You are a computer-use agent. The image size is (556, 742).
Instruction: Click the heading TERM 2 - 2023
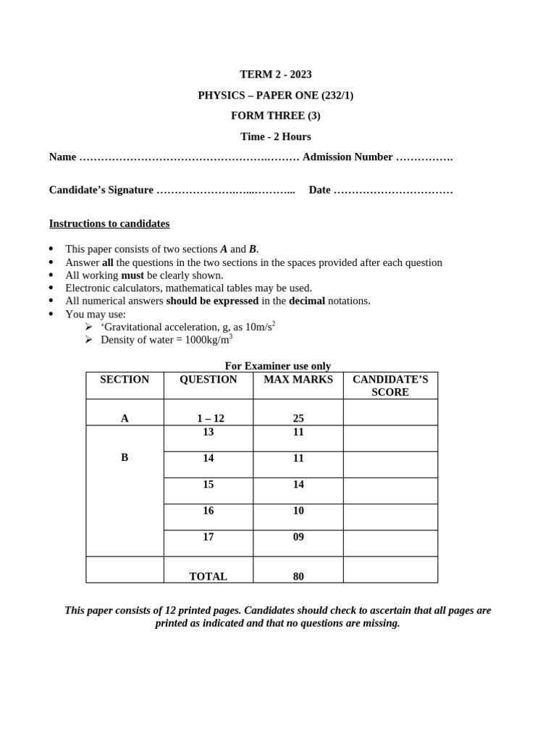(275, 75)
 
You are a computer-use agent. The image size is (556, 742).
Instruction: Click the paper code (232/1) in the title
(332, 96)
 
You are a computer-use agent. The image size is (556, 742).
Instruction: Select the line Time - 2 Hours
(275, 137)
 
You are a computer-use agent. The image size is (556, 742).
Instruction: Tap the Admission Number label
(347, 157)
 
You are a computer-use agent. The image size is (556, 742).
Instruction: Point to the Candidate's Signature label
(101, 190)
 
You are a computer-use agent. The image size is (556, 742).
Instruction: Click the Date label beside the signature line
(319, 190)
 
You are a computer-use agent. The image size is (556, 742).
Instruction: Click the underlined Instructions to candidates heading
(109, 223)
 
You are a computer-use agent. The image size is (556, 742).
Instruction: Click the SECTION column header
(125, 380)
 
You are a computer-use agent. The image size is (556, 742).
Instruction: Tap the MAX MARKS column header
(298, 380)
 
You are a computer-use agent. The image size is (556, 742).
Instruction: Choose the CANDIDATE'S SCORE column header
(390, 385)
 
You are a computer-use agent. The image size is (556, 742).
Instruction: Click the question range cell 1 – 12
(210, 418)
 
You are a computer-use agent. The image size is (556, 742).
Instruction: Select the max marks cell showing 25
(298, 418)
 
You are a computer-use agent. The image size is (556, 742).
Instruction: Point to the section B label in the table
(125, 458)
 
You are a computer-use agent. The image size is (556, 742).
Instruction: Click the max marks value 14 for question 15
(298, 485)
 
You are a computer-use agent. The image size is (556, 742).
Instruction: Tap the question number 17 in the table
(208, 537)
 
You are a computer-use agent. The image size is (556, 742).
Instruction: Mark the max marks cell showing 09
(298, 537)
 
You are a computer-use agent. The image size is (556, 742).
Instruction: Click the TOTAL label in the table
(208, 576)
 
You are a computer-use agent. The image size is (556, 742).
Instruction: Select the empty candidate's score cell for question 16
(390, 517)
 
